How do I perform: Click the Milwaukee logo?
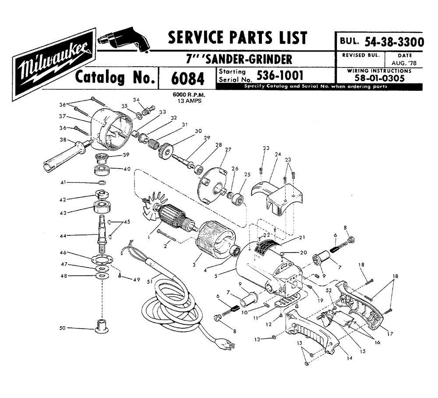(54, 64)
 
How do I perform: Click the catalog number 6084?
(187, 78)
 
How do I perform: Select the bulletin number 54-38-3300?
(394, 42)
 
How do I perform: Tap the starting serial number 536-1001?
(280, 75)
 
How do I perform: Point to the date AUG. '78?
(404, 63)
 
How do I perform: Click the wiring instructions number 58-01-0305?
(379, 78)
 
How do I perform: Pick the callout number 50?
(62, 327)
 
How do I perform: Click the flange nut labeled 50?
(101, 327)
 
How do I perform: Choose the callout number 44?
(63, 236)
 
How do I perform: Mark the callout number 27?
(228, 149)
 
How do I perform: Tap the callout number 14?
(349, 358)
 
